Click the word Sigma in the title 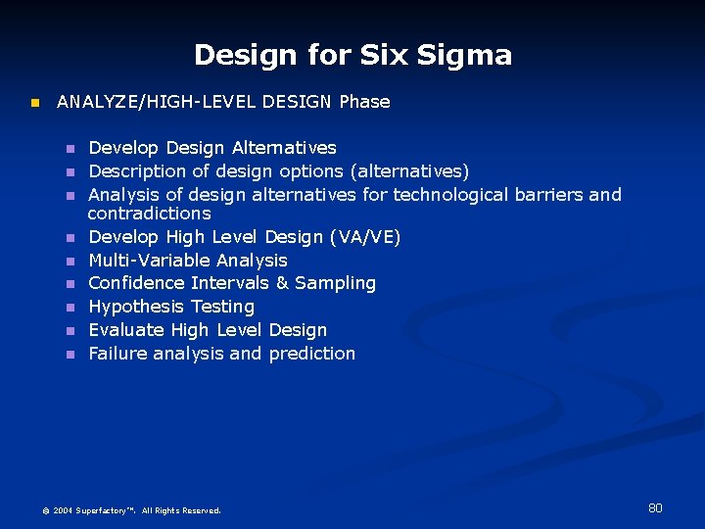click(x=463, y=55)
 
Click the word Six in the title click(x=384, y=55)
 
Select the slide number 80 click(x=655, y=507)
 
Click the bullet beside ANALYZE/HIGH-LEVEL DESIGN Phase click(x=33, y=103)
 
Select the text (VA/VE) click(x=365, y=237)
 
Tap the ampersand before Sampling click(x=282, y=283)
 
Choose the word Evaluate click(x=126, y=330)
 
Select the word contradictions click(x=149, y=214)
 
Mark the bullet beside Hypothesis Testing click(x=70, y=308)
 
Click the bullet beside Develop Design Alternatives click(x=70, y=149)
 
